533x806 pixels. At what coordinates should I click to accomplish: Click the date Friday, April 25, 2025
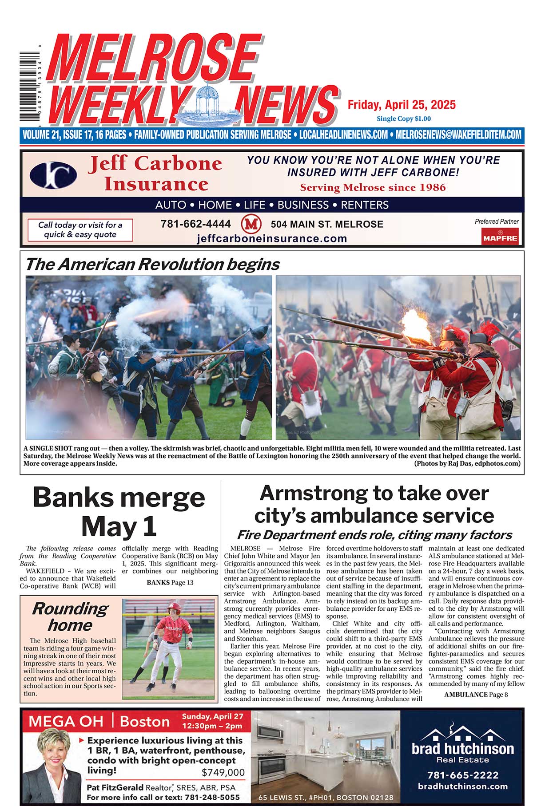click(x=401, y=105)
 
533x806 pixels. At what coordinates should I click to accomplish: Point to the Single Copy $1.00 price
click(x=403, y=119)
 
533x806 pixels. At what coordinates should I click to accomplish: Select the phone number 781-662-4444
click(x=195, y=224)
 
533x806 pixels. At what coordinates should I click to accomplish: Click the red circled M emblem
click(x=251, y=224)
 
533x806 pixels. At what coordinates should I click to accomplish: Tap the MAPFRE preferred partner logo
click(x=500, y=236)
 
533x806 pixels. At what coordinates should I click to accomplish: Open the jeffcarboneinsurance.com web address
click(x=271, y=238)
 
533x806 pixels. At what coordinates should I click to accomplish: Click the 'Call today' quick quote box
click(x=80, y=230)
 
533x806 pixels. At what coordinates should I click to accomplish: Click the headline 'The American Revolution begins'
click(x=152, y=265)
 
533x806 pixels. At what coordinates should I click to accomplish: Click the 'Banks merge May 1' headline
click(x=119, y=511)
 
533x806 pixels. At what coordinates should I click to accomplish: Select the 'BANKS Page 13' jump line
click(x=170, y=582)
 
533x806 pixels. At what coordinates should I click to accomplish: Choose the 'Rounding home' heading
click(x=70, y=616)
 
